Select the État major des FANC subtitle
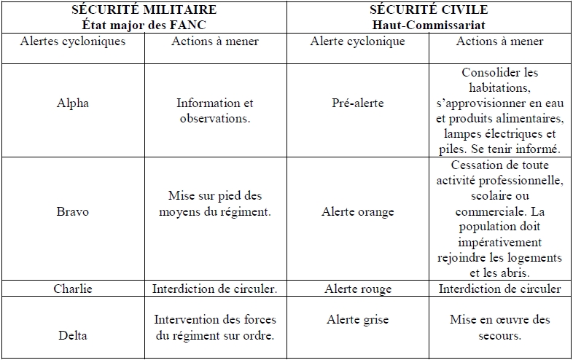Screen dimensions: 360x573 [x=143, y=23]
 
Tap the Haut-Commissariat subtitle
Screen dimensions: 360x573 [x=429, y=23]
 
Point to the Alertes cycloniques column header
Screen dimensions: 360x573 [x=73, y=42]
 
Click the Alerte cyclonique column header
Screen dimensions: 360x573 [x=357, y=42]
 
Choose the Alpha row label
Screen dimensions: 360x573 [x=73, y=103]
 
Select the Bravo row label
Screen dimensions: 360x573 [x=73, y=211]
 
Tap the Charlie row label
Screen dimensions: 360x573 [x=73, y=289]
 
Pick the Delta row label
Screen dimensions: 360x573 [x=73, y=336]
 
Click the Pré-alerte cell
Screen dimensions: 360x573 [x=357, y=103]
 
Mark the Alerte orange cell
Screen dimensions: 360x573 [x=357, y=211]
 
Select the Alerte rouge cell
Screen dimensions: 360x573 [x=357, y=289]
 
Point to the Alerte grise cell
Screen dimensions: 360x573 [x=357, y=320]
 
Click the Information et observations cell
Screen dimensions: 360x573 [x=215, y=110]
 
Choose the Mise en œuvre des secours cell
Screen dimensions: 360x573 [x=500, y=328]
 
